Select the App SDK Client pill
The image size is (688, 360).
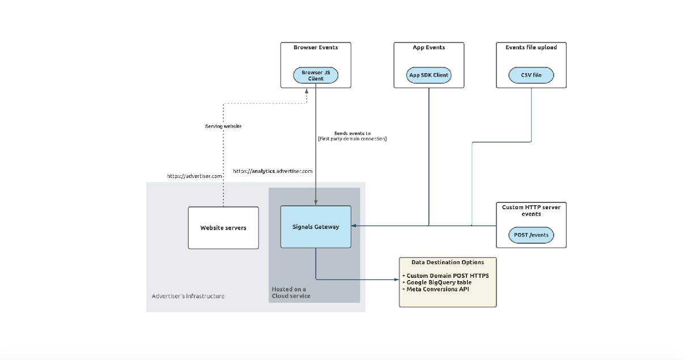coord(428,75)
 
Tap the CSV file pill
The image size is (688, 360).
coord(531,75)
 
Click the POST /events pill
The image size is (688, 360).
coord(531,235)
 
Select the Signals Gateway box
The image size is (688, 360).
coord(316,227)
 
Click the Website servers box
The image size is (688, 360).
coord(223,228)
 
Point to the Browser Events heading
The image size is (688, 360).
coord(316,48)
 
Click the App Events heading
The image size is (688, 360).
coord(428,48)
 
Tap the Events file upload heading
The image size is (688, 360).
coord(531,48)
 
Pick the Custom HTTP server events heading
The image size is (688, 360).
coord(531,210)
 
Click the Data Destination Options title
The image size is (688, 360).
coord(448,262)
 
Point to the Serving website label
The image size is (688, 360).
coord(223,126)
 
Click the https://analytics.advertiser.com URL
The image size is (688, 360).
coord(273,171)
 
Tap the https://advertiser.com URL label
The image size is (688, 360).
coord(194,176)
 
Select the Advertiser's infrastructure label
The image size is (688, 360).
coord(188,296)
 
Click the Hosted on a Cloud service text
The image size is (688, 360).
coord(291,293)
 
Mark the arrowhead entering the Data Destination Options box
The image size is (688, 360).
coord(396,279)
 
